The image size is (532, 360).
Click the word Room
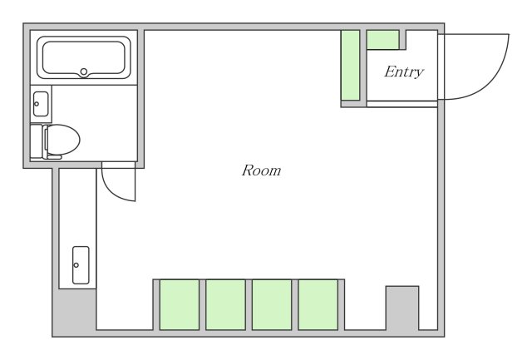click(261, 170)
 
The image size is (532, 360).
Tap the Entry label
click(404, 72)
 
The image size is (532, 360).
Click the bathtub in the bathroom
click(83, 57)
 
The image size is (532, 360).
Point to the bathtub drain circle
click(84, 72)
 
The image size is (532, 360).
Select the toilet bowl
click(62, 140)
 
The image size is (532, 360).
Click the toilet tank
click(37, 141)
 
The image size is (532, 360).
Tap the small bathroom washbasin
click(41, 104)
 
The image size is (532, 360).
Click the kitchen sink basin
click(81, 265)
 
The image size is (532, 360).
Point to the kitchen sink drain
click(76, 265)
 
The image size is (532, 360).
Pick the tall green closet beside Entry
click(350, 65)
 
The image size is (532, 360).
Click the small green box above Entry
click(382, 40)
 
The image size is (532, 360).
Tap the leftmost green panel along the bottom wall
click(180, 304)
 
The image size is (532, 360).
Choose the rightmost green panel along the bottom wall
click(318, 304)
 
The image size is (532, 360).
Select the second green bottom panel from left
click(225, 304)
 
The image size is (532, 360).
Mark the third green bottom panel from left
click(272, 304)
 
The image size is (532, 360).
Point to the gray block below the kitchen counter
click(75, 312)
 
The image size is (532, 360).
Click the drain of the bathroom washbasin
click(37, 104)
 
